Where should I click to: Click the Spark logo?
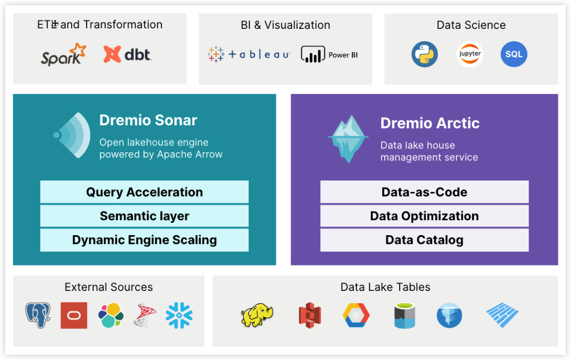tap(63, 55)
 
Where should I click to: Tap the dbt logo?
tap(127, 54)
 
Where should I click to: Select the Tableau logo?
tap(249, 54)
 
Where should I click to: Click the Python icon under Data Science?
tap(425, 55)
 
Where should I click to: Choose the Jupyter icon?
tap(469, 55)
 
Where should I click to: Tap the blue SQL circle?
tap(514, 55)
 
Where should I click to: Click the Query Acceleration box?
tap(144, 192)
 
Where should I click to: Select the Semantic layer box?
tap(144, 216)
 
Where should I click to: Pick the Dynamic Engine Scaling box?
tap(144, 240)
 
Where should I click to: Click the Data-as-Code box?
tap(424, 192)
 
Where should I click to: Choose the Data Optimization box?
tap(424, 216)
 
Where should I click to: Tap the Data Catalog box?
tap(424, 240)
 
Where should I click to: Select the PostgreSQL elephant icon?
tap(38, 315)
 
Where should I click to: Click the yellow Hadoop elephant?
tap(257, 315)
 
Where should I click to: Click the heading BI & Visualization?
tap(285, 25)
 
